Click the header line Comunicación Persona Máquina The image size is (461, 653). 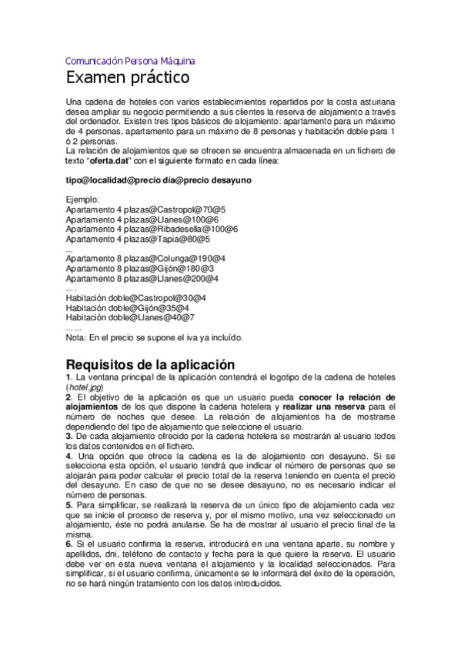130,60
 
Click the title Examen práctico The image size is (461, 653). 127,78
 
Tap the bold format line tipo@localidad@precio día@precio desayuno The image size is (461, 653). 159,179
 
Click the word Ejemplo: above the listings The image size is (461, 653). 83,199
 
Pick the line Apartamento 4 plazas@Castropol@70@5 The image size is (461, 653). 145,209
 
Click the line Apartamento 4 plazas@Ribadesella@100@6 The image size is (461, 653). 152,229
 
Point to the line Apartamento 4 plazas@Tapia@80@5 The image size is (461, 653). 138,239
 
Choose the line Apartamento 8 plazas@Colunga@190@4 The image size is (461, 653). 145,258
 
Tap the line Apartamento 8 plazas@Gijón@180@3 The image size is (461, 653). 140,268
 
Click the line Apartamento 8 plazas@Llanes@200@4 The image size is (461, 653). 142,278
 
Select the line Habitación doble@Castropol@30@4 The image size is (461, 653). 136,297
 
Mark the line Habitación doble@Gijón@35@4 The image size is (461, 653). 128,307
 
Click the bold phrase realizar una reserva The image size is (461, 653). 323,406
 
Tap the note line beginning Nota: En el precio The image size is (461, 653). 155,337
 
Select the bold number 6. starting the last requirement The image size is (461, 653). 69,544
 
